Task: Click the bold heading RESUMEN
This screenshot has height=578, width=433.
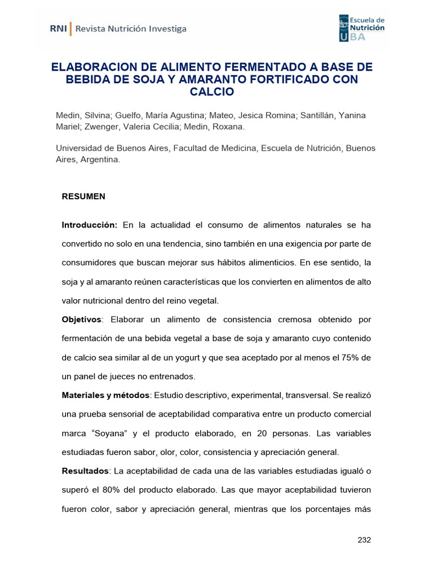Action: point(83,196)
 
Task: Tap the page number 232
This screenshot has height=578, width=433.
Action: point(364,540)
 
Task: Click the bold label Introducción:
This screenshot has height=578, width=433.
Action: point(90,225)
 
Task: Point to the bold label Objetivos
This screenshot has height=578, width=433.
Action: point(82,319)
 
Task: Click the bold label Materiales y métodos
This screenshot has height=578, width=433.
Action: point(106,395)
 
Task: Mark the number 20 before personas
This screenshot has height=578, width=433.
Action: point(263,433)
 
